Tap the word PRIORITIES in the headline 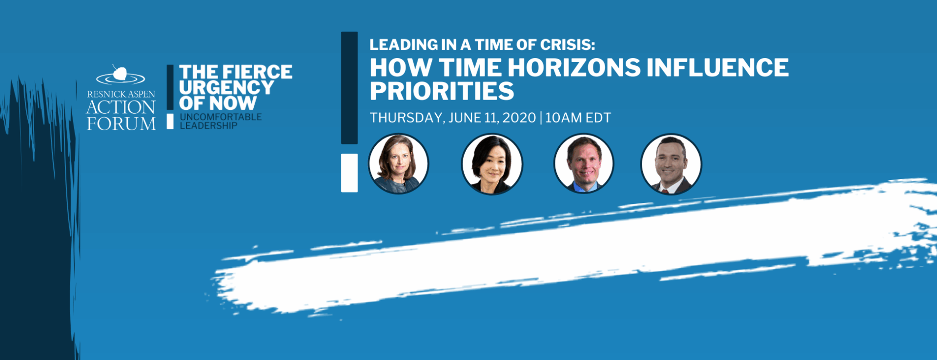tap(442, 91)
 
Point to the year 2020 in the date tap(519, 118)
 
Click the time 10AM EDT tap(578, 118)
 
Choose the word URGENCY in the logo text tap(226, 88)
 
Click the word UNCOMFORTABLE tap(221, 117)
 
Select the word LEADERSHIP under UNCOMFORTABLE tap(208, 126)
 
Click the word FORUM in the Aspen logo tap(122, 124)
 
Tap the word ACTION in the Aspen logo tap(121, 107)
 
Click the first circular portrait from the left tap(398, 163)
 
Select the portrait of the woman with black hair tap(491, 164)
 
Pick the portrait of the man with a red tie tap(671, 164)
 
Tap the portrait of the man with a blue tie tap(584, 163)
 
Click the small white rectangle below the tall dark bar tap(349, 173)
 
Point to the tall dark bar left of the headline tap(349, 88)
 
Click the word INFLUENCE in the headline tap(717, 68)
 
